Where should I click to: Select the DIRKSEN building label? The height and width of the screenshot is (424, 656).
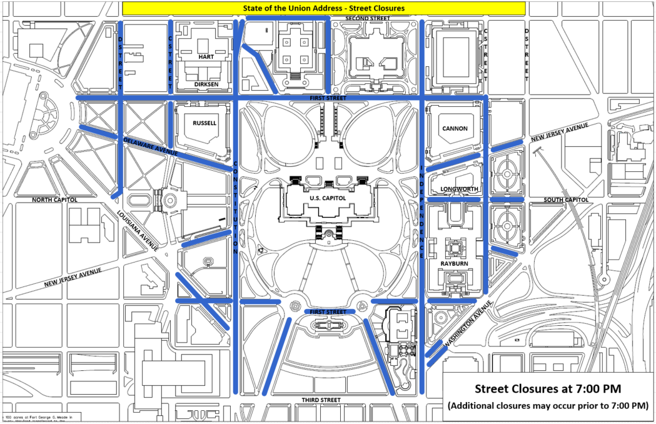[206, 83]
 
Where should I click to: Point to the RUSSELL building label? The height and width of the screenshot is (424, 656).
[204, 123]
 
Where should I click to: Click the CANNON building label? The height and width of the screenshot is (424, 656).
[455, 128]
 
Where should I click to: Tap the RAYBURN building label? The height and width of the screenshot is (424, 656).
[455, 264]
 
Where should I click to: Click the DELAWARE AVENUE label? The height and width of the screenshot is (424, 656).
[150, 147]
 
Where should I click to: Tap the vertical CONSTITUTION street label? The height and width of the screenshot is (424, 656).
[235, 206]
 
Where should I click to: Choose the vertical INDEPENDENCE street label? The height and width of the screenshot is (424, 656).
[423, 213]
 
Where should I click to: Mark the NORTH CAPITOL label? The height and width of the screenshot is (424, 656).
[54, 199]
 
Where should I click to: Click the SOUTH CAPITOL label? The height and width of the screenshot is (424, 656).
[566, 199]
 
